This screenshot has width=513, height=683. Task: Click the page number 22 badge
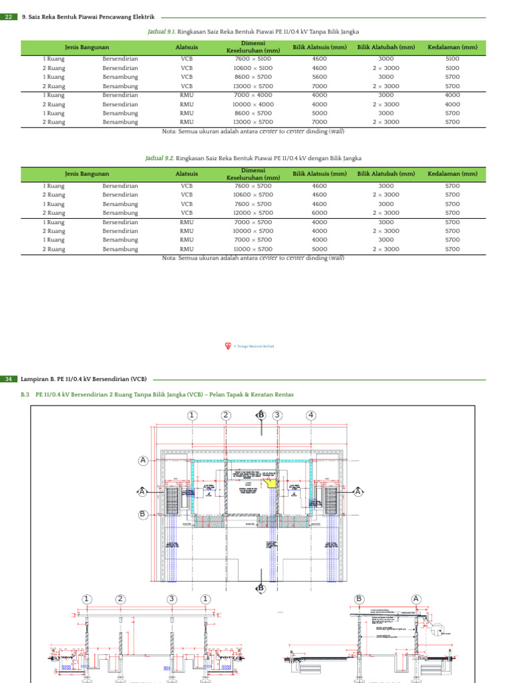coord(8,17)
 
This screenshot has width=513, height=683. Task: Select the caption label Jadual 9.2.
coord(160,158)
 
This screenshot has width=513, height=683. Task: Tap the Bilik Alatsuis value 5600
coord(319,77)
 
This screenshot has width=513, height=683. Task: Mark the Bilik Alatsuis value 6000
coord(319,213)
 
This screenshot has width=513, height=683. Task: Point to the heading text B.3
coord(25,394)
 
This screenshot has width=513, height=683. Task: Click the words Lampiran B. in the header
coord(39,379)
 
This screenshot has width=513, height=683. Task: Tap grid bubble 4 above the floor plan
coord(311,416)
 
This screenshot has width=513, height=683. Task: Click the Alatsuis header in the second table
coord(186,174)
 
